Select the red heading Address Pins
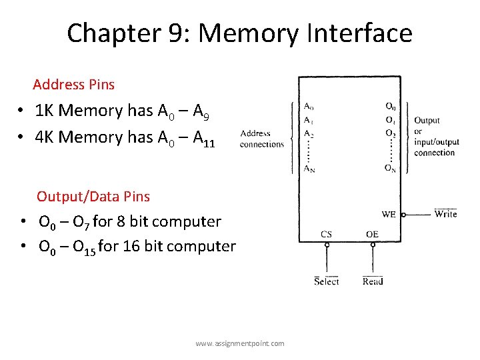(73, 85)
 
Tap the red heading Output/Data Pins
(93, 196)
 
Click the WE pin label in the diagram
(389, 215)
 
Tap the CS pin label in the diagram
(326, 234)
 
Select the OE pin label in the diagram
(372, 234)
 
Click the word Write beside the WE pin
(445, 214)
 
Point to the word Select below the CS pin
(327, 281)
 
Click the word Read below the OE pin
(373, 281)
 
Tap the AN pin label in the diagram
(309, 169)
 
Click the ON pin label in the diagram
(391, 169)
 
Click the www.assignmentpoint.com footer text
(240, 343)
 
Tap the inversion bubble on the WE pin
(404, 215)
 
